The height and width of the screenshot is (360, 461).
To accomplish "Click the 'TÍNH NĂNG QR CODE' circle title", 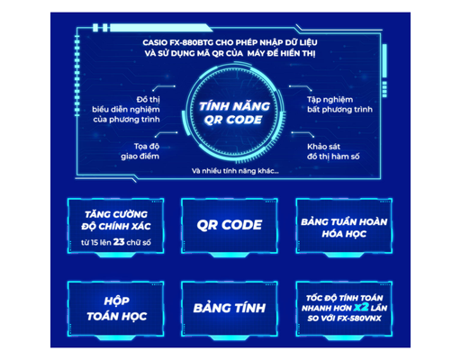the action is click(234, 113).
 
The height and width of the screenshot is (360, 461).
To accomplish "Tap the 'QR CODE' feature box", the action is click(230, 226).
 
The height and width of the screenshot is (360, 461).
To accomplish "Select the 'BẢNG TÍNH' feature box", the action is click(230, 309).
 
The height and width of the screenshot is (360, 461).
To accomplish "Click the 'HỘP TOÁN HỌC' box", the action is click(116, 309).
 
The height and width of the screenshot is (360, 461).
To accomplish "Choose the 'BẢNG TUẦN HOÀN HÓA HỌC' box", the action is click(344, 226).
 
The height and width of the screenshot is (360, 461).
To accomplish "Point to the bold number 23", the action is click(119, 242).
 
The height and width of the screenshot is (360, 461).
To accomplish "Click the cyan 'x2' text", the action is click(361, 308).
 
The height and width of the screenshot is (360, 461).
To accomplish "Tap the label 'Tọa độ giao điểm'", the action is click(140, 151).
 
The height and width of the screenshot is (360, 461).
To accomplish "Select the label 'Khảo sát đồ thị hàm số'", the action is click(333, 151).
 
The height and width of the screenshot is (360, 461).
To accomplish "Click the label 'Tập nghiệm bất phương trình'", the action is click(339, 104).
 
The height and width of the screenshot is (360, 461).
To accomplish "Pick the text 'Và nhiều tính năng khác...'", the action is click(235, 171).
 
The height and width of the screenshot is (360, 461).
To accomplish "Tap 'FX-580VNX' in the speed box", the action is click(359, 319).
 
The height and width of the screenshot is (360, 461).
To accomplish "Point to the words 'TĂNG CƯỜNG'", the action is click(116, 214).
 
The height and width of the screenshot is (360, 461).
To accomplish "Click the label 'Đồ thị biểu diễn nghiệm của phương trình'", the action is click(126, 110).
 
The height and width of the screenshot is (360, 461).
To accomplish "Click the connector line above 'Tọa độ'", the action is click(166, 133).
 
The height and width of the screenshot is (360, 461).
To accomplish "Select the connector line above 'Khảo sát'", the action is click(303, 133).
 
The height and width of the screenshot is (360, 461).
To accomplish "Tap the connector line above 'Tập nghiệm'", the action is click(300, 87).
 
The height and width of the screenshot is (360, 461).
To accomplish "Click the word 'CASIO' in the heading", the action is click(155, 42).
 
